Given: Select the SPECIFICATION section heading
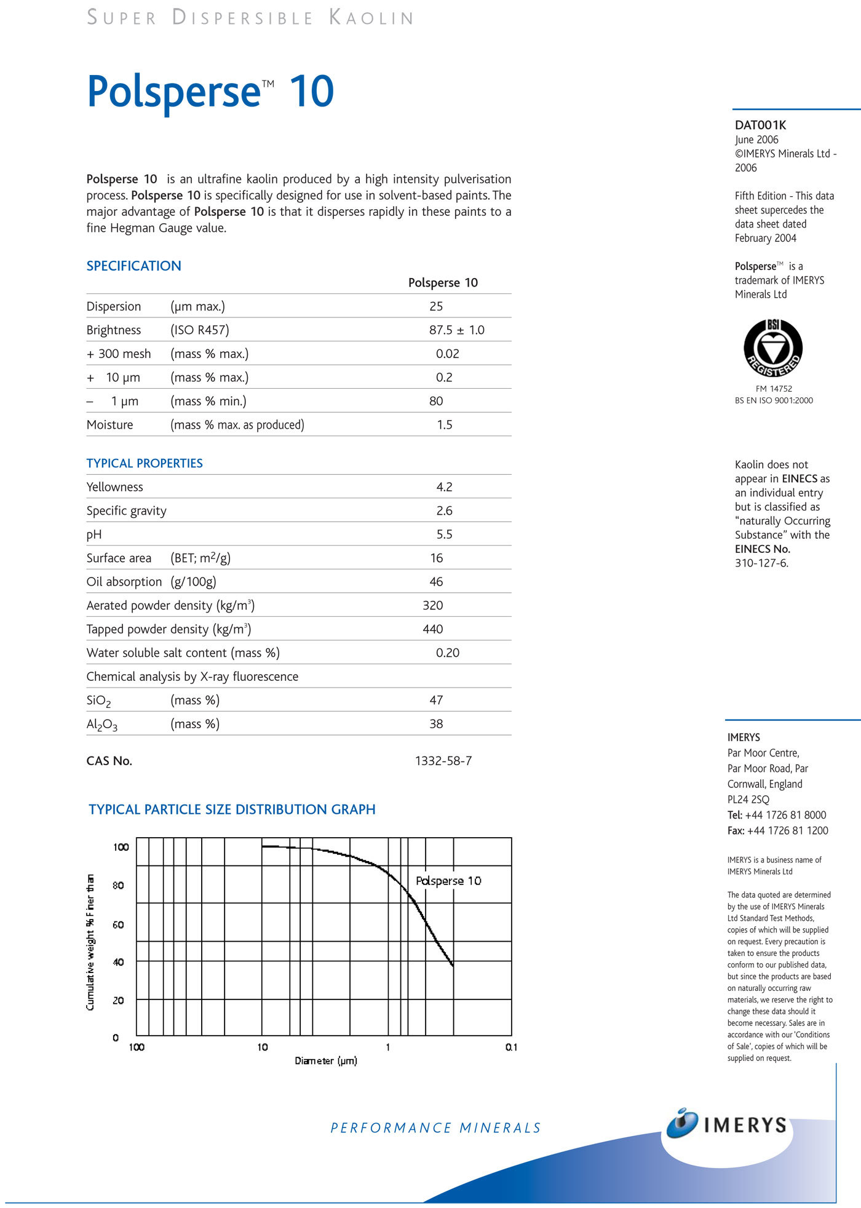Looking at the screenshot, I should [x=133, y=266].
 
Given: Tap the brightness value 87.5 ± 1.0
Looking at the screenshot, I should [x=456, y=330].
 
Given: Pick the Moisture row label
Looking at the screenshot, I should [x=109, y=425].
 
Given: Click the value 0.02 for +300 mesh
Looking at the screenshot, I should [x=447, y=354].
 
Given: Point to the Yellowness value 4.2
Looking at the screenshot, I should [x=444, y=487].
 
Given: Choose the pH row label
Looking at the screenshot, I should [x=94, y=534].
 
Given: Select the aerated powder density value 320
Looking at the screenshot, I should [x=432, y=606].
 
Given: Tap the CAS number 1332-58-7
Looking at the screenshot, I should [x=443, y=761].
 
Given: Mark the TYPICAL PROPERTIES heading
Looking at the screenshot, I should [x=145, y=464].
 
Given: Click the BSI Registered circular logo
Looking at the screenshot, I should [x=773, y=348].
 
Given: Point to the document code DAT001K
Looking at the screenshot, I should [x=760, y=125].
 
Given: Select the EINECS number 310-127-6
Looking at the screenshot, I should [x=761, y=563].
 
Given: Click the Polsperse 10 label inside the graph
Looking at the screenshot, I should [x=448, y=881].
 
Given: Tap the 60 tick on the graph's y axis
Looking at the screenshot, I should [x=118, y=924].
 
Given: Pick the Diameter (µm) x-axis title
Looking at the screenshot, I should [x=325, y=1061].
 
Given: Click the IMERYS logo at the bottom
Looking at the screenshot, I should [x=726, y=1125].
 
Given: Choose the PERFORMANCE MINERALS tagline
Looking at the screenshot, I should [x=435, y=1128].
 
